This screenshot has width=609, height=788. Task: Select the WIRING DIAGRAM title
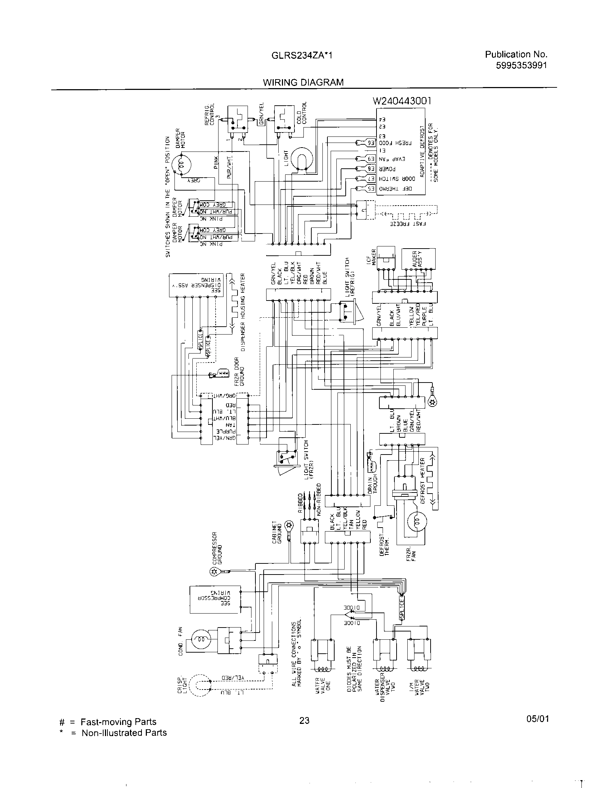click(303, 82)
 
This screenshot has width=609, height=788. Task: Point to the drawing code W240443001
click(402, 101)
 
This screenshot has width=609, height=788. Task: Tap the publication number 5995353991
click(522, 65)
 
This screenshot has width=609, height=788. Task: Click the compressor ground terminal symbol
click(214, 571)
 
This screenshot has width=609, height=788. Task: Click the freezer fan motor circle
click(417, 522)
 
